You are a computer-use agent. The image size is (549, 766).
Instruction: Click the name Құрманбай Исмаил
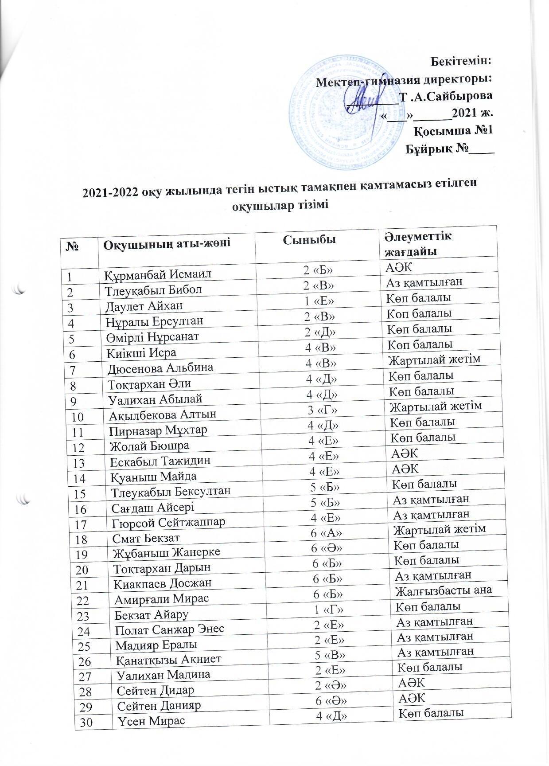point(151,274)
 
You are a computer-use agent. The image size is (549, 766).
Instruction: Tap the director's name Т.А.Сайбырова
point(446,96)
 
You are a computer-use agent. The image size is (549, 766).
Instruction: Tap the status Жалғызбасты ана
point(444,590)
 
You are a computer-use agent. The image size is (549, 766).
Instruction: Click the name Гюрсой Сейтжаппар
point(169,523)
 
